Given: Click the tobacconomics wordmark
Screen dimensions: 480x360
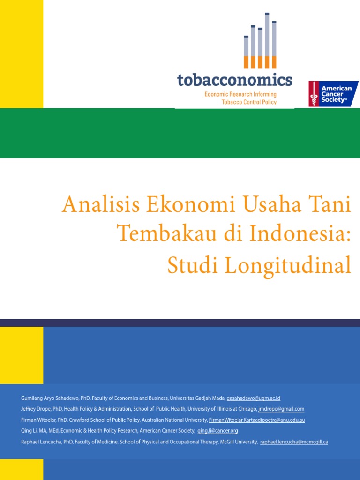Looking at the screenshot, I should pyautogui.click(x=234, y=80).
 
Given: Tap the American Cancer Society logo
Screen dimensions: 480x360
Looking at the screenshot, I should pyautogui.click(x=333, y=94).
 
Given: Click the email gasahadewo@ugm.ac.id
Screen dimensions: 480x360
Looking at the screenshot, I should pyautogui.click(x=253, y=398).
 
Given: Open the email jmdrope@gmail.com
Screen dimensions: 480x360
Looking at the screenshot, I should pyautogui.click(x=281, y=409).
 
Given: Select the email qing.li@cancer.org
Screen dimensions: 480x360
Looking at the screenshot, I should pyautogui.click(x=217, y=431).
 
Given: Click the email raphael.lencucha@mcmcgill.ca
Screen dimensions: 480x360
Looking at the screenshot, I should pyautogui.click(x=294, y=442).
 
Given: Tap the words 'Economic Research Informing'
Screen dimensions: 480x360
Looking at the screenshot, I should pyautogui.click(x=240, y=94).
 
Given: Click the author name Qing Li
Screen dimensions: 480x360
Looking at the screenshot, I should pyautogui.click(x=28, y=431).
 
